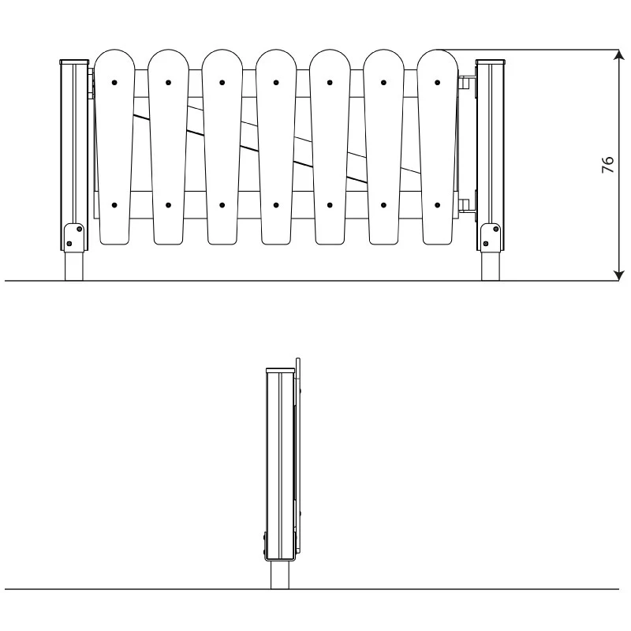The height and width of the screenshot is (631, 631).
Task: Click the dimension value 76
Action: [607, 165]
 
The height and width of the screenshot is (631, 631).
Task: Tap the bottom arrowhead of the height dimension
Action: [619, 275]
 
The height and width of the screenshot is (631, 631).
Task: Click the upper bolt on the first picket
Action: [114, 82]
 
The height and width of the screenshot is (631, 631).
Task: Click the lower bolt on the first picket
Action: [114, 205]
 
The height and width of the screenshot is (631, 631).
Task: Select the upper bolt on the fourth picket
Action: [276, 82]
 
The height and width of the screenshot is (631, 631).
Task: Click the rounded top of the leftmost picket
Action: [114, 58]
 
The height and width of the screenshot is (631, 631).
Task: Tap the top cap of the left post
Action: [75, 61]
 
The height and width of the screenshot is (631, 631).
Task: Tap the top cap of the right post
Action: [491, 61]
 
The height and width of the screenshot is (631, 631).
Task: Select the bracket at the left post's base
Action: [73, 236]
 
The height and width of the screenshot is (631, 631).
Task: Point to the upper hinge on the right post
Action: [468, 80]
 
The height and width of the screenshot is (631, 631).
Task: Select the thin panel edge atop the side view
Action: [297, 363]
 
